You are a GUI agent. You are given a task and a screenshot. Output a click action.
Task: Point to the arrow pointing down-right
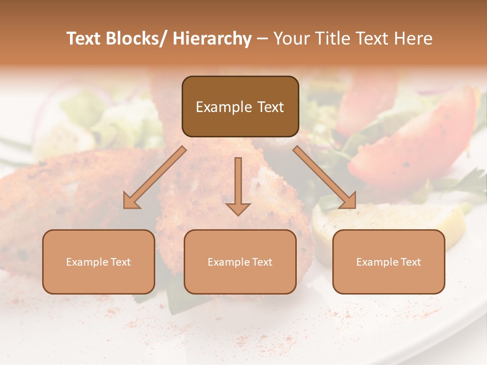[325, 177]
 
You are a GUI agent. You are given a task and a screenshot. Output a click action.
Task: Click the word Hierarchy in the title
[212, 39]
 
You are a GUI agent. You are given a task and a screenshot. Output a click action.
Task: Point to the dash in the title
[262, 40]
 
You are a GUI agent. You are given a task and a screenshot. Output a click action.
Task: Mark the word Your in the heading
[289, 39]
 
